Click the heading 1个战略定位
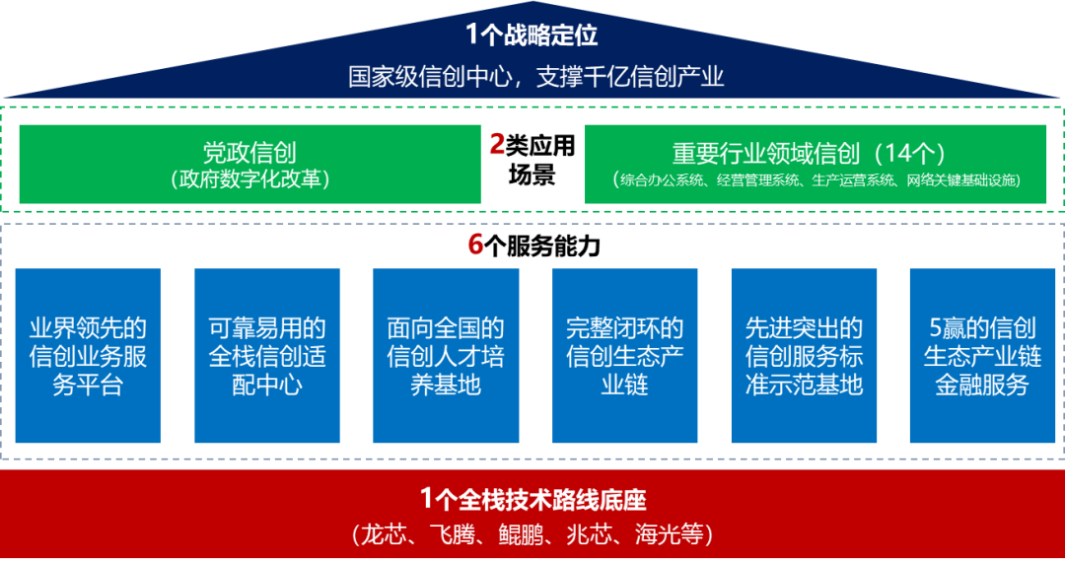pyautogui.click(x=532, y=35)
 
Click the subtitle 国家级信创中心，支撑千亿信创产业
pyautogui.click(x=532, y=76)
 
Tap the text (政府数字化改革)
pyautogui.click(x=249, y=179)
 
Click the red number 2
pyautogui.click(x=497, y=145)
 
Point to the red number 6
pyautogui.click(x=476, y=245)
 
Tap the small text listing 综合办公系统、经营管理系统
pyautogui.click(x=816, y=180)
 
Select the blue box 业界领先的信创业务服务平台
pyautogui.click(x=88, y=355)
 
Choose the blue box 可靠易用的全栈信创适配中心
pyautogui.click(x=267, y=355)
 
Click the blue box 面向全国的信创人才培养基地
pyautogui.click(x=446, y=355)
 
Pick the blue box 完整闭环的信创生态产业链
pyautogui.click(x=625, y=355)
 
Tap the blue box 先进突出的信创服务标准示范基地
pyautogui.click(x=804, y=355)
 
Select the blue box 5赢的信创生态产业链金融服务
pyautogui.click(x=982, y=355)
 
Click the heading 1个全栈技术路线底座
pyautogui.click(x=532, y=499)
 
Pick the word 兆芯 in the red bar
pyautogui.click(x=590, y=534)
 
